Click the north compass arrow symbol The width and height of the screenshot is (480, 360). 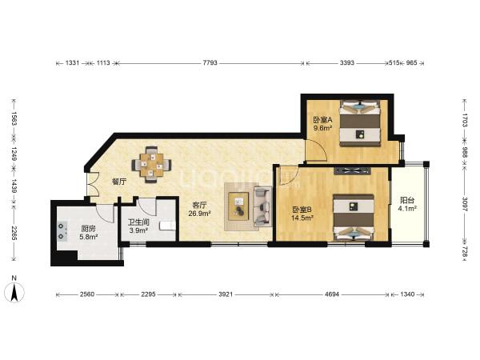14,292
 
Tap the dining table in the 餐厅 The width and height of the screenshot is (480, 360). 151,165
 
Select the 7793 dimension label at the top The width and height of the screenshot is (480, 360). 210,62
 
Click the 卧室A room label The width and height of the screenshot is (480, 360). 322,119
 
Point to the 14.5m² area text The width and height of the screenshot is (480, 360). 302,218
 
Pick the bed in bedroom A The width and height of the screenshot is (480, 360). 360,122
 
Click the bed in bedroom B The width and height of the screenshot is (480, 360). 354,218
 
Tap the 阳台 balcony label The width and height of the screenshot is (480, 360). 407,201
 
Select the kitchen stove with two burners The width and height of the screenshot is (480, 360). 62,231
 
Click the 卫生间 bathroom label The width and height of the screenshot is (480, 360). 138,222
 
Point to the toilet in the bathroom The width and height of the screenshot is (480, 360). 167,226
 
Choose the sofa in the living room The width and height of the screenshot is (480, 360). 262,206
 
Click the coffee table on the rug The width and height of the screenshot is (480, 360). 239,205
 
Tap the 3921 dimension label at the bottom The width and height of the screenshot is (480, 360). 226,294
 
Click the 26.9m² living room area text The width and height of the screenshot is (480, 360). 199,214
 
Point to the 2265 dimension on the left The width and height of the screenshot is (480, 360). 14,234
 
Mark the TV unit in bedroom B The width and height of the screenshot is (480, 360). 352,171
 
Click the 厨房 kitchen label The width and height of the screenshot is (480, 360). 88,229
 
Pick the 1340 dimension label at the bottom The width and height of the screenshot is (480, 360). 407,294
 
